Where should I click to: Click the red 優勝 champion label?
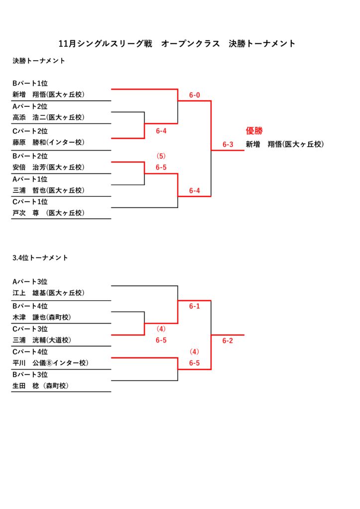(254, 131)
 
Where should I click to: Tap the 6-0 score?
(194, 95)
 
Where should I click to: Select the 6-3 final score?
(228, 145)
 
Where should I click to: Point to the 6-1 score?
(194, 306)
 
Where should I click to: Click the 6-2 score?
(228, 340)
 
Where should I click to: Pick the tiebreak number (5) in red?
(161, 156)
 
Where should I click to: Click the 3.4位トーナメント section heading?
(40, 258)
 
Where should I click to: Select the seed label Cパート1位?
(30, 202)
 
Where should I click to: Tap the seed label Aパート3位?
(30, 282)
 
